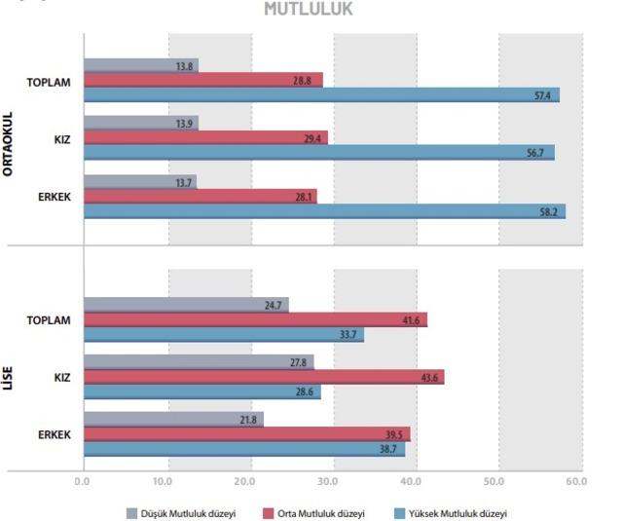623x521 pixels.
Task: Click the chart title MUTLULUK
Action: click(x=309, y=10)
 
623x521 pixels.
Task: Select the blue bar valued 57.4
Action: click(x=321, y=95)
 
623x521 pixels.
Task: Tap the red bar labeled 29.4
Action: click(x=205, y=138)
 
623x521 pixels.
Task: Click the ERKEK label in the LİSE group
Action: click(x=54, y=433)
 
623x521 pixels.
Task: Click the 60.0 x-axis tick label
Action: click(x=574, y=481)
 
